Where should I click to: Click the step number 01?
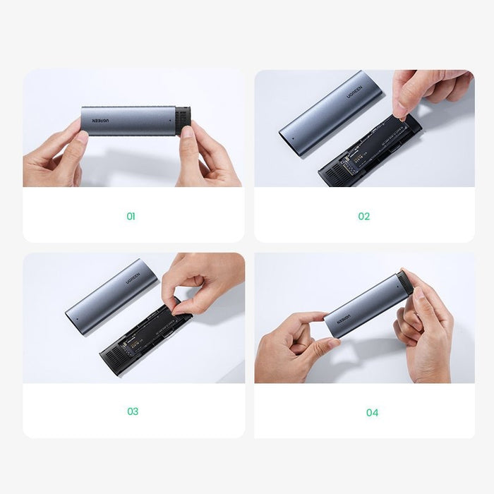tap(131, 217)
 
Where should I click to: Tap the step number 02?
tap(363, 217)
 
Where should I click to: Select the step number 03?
tap(132, 411)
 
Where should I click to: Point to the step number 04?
tap(372, 412)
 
